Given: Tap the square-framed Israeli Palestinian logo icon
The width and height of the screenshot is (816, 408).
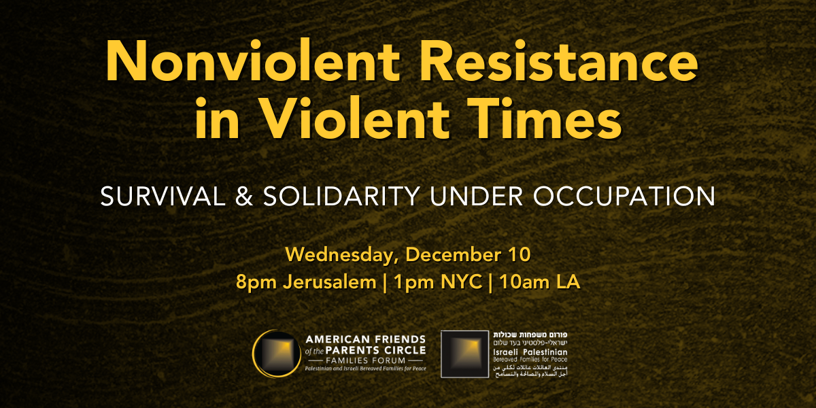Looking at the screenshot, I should pyautogui.click(x=464, y=354).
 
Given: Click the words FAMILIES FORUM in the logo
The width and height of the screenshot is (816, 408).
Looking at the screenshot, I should pyautogui.click(x=367, y=359).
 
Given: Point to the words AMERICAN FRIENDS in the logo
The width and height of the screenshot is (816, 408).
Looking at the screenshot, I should pyautogui.click(x=366, y=339).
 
